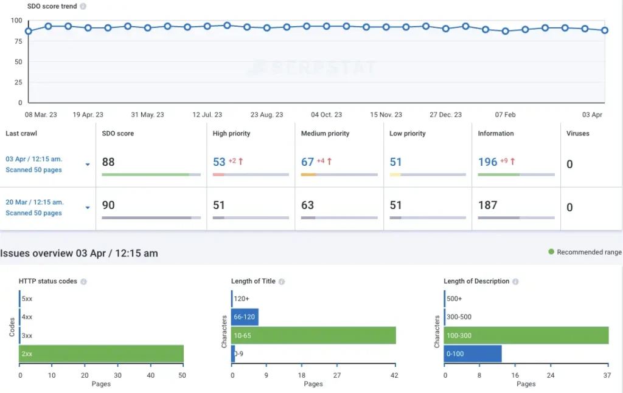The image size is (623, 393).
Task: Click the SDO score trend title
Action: pos(52,6)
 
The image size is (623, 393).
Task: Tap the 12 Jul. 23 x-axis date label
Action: pos(207,115)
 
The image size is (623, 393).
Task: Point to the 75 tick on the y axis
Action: pos(18,41)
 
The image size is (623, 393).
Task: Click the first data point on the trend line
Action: pos(28,31)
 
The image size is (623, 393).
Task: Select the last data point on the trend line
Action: pos(605,30)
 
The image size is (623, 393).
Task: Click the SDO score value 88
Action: pos(108,162)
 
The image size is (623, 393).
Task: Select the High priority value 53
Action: pos(219,162)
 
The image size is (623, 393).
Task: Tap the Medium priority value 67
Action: pos(307,162)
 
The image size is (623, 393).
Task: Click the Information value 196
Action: pos(487,162)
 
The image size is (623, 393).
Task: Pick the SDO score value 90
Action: pos(108,205)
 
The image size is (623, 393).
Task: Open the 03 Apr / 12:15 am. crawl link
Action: pos(34,159)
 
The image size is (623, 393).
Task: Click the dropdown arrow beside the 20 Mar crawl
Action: pos(88,208)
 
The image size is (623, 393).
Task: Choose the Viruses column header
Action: pos(577,134)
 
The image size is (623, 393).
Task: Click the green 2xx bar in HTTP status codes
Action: pos(102,354)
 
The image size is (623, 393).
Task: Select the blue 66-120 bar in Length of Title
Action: pos(245,317)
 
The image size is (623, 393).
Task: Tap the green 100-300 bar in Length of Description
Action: pos(526,335)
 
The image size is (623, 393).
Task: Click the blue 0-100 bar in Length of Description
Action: pos(473,354)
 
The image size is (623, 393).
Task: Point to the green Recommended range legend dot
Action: pos(551,252)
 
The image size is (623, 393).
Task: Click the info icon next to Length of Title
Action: pos(282,282)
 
